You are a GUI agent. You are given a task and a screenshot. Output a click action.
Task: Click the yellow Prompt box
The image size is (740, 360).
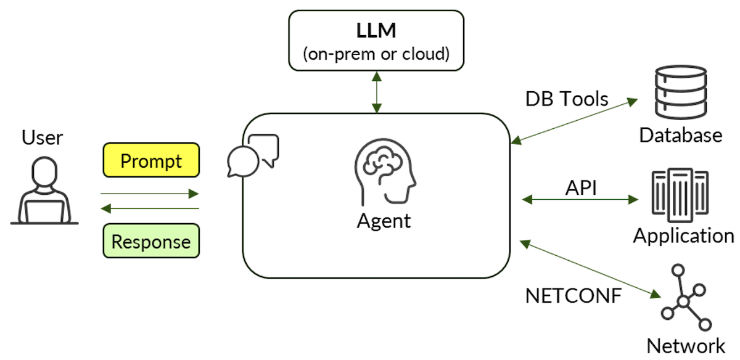click(x=151, y=161)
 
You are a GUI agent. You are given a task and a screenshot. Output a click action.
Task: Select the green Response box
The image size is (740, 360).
click(x=151, y=242)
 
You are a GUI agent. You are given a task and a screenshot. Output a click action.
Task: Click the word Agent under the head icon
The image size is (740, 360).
click(x=384, y=221)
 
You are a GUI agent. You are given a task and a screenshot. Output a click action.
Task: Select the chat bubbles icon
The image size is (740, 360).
click(x=253, y=155)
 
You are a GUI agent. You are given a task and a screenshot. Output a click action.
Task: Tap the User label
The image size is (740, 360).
click(x=43, y=137)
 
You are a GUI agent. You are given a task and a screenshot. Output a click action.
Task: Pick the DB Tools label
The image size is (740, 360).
click(x=567, y=99)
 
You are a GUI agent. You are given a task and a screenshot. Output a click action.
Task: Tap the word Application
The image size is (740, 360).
click(x=683, y=235)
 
